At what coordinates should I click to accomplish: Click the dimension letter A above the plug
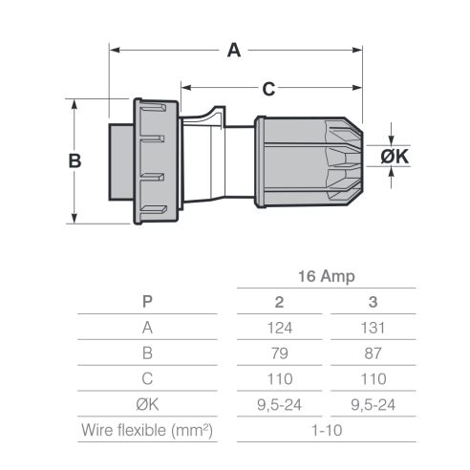click(234, 51)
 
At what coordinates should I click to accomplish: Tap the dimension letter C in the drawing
click(268, 89)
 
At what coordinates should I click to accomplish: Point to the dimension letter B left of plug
click(75, 160)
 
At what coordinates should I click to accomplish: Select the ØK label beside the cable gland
click(395, 157)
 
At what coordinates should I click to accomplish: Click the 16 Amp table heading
click(327, 276)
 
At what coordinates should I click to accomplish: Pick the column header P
click(147, 301)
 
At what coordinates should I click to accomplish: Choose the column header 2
click(279, 302)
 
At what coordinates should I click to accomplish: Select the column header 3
click(373, 302)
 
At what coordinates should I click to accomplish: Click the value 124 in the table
click(280, 328)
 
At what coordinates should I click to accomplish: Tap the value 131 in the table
click(373, 328)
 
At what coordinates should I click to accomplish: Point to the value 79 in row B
click(280, 353)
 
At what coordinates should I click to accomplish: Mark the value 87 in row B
click(373, 353)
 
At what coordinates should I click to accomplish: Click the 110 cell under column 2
click(280, 379)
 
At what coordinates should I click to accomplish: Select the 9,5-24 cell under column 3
click(373, 405)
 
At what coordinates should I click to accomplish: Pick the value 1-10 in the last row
click(327, 431)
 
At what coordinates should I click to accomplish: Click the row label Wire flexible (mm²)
click(147, 430)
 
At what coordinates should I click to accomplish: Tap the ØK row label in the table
click(147, 404)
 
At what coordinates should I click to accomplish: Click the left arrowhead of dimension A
click(115, 50)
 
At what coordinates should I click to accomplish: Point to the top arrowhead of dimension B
click(75, 104)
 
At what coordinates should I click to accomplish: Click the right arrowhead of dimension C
click(357, 88)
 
